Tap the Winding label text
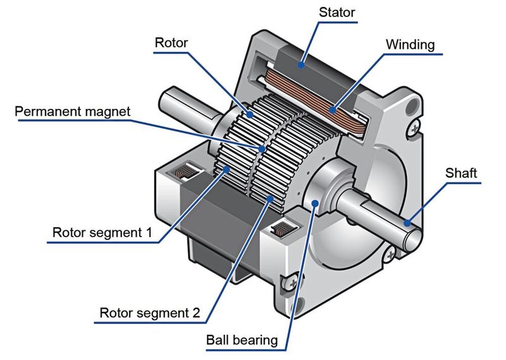(412, 45)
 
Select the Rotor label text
(171, 44)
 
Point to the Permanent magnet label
(73, 112)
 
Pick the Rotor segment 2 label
(151, 313)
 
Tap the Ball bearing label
(242, 340)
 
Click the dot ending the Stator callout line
(302, 62)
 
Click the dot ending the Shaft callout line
(409, 223)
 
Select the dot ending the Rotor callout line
(250, 115)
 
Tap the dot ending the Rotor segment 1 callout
(225, 170)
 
